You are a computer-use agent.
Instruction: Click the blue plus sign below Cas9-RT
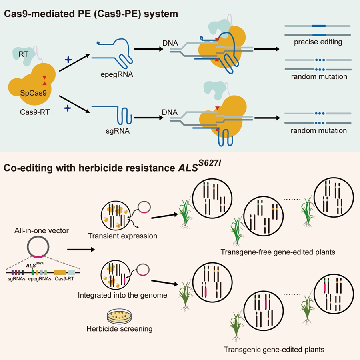(x=68, y=108)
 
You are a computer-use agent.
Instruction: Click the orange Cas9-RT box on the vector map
(x=60, y=272)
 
